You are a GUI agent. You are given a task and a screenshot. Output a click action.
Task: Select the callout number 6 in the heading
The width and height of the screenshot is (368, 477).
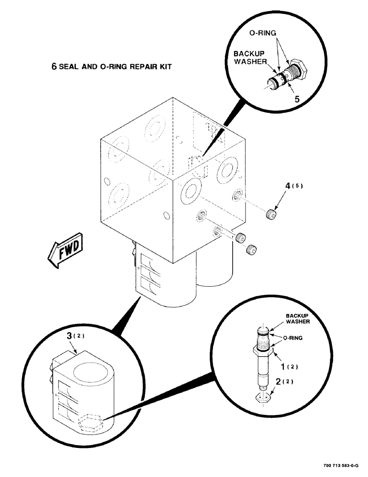click(54, 67)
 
